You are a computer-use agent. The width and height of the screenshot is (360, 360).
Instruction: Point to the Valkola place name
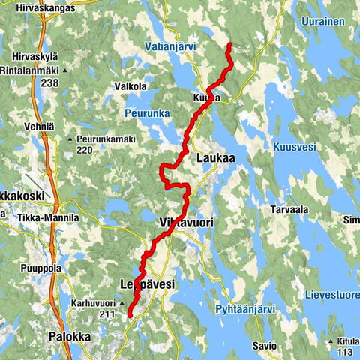(x=130, y=86)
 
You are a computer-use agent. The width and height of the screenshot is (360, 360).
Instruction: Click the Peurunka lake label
(x=146, y=113)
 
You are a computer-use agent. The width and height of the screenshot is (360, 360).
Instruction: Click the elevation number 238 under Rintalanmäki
(x=50, y=84)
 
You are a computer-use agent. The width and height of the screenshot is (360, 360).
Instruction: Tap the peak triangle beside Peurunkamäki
(x=70, y=139)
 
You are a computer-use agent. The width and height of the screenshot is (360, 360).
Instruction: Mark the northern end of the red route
(x=229, y=45)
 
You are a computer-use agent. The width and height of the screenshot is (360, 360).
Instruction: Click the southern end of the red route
(x=129, y=316)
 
